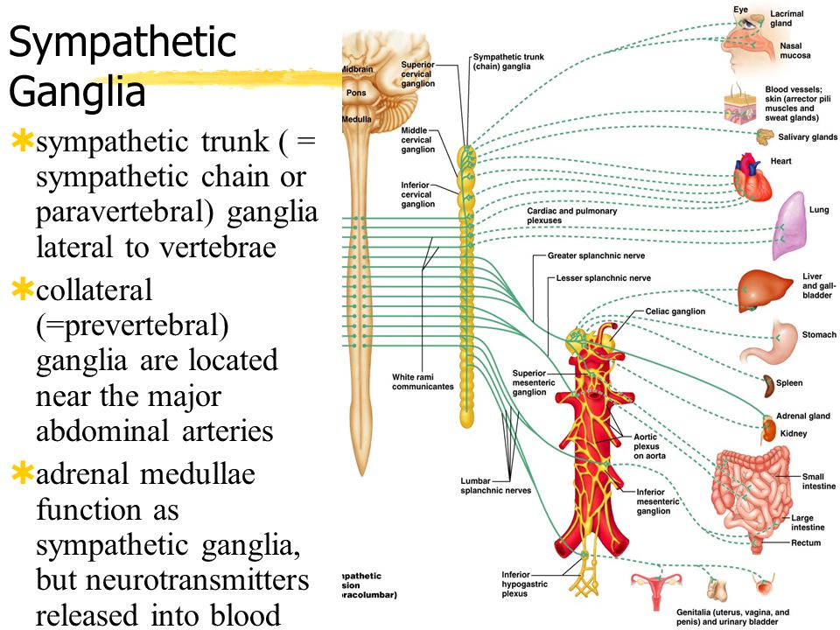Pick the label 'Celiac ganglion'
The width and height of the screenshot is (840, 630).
point(675,311)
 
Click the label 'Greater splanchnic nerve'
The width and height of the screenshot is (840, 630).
point(596,256)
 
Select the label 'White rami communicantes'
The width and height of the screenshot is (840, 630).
point(423,381)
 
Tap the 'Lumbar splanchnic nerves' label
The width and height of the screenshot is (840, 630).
point(495,486)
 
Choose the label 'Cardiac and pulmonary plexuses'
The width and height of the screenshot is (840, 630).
point(570,216)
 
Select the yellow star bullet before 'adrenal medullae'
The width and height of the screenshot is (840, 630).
point(20,473)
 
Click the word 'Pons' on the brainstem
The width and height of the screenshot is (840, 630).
point(356,92)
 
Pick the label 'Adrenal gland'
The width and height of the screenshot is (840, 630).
point(802,416)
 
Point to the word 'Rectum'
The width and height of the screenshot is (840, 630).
point(806,543)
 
